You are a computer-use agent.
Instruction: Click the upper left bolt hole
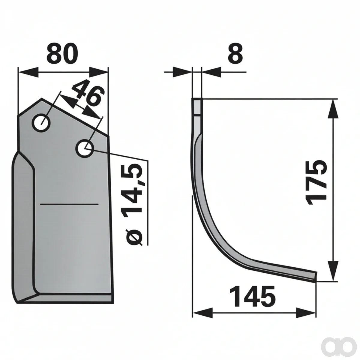coord(41,123)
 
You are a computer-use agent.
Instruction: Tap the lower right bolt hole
coord(85,148)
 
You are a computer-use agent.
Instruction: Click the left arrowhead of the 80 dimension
coord(28,72)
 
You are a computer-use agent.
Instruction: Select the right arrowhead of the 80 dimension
coord(98,72)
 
